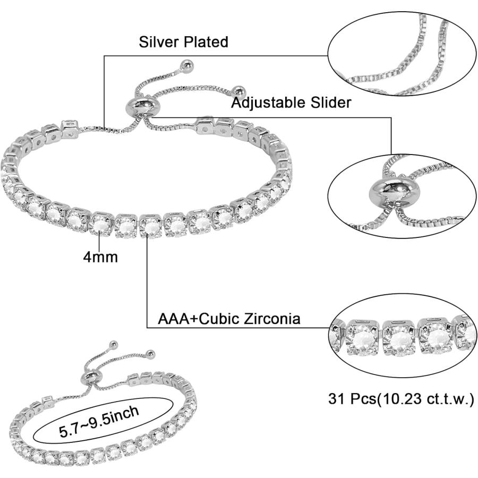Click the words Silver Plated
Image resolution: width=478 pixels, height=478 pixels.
coord(184,42)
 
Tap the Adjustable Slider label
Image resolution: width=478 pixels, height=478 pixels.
coord(291,103)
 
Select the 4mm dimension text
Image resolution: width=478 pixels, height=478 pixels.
coord(100,257)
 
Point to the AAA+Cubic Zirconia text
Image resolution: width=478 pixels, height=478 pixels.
coord(229,319)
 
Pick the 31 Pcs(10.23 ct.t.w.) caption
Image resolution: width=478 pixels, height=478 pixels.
coord(401,398)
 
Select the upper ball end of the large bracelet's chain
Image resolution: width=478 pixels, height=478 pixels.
coord(186,65)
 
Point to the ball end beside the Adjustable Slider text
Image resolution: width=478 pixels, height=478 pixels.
coord(238,91)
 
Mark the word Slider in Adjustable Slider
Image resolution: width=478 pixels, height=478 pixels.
coord(331,103)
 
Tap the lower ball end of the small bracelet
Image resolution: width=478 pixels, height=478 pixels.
coord(151,354)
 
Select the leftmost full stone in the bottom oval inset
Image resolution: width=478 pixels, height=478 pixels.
coord(363,338)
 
